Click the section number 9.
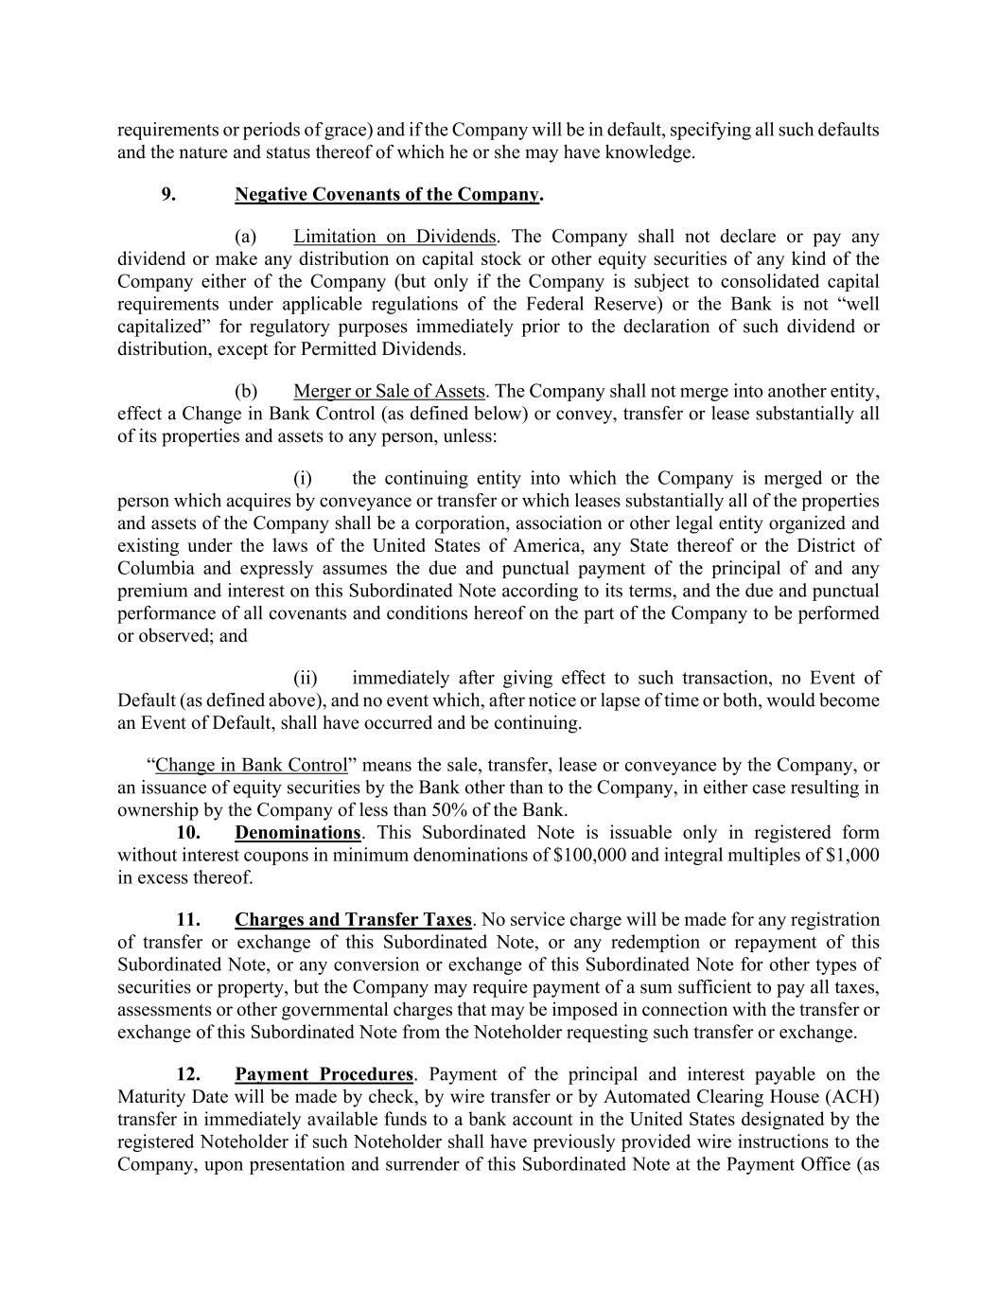(x=167, y=195)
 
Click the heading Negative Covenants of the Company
(x=387, y=195)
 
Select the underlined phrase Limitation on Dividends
(x=394, y=237)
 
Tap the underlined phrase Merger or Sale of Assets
(x=389, y=391)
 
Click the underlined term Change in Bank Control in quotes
(x=252, y=765)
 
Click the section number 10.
(x=188, y=833)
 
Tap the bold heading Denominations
(x=298, y=833)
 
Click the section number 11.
(x=188, y=920)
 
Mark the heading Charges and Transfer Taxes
(x=353, y=920)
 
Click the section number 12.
(x=188, y=1074)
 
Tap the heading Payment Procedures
(x=324, y=1074)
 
